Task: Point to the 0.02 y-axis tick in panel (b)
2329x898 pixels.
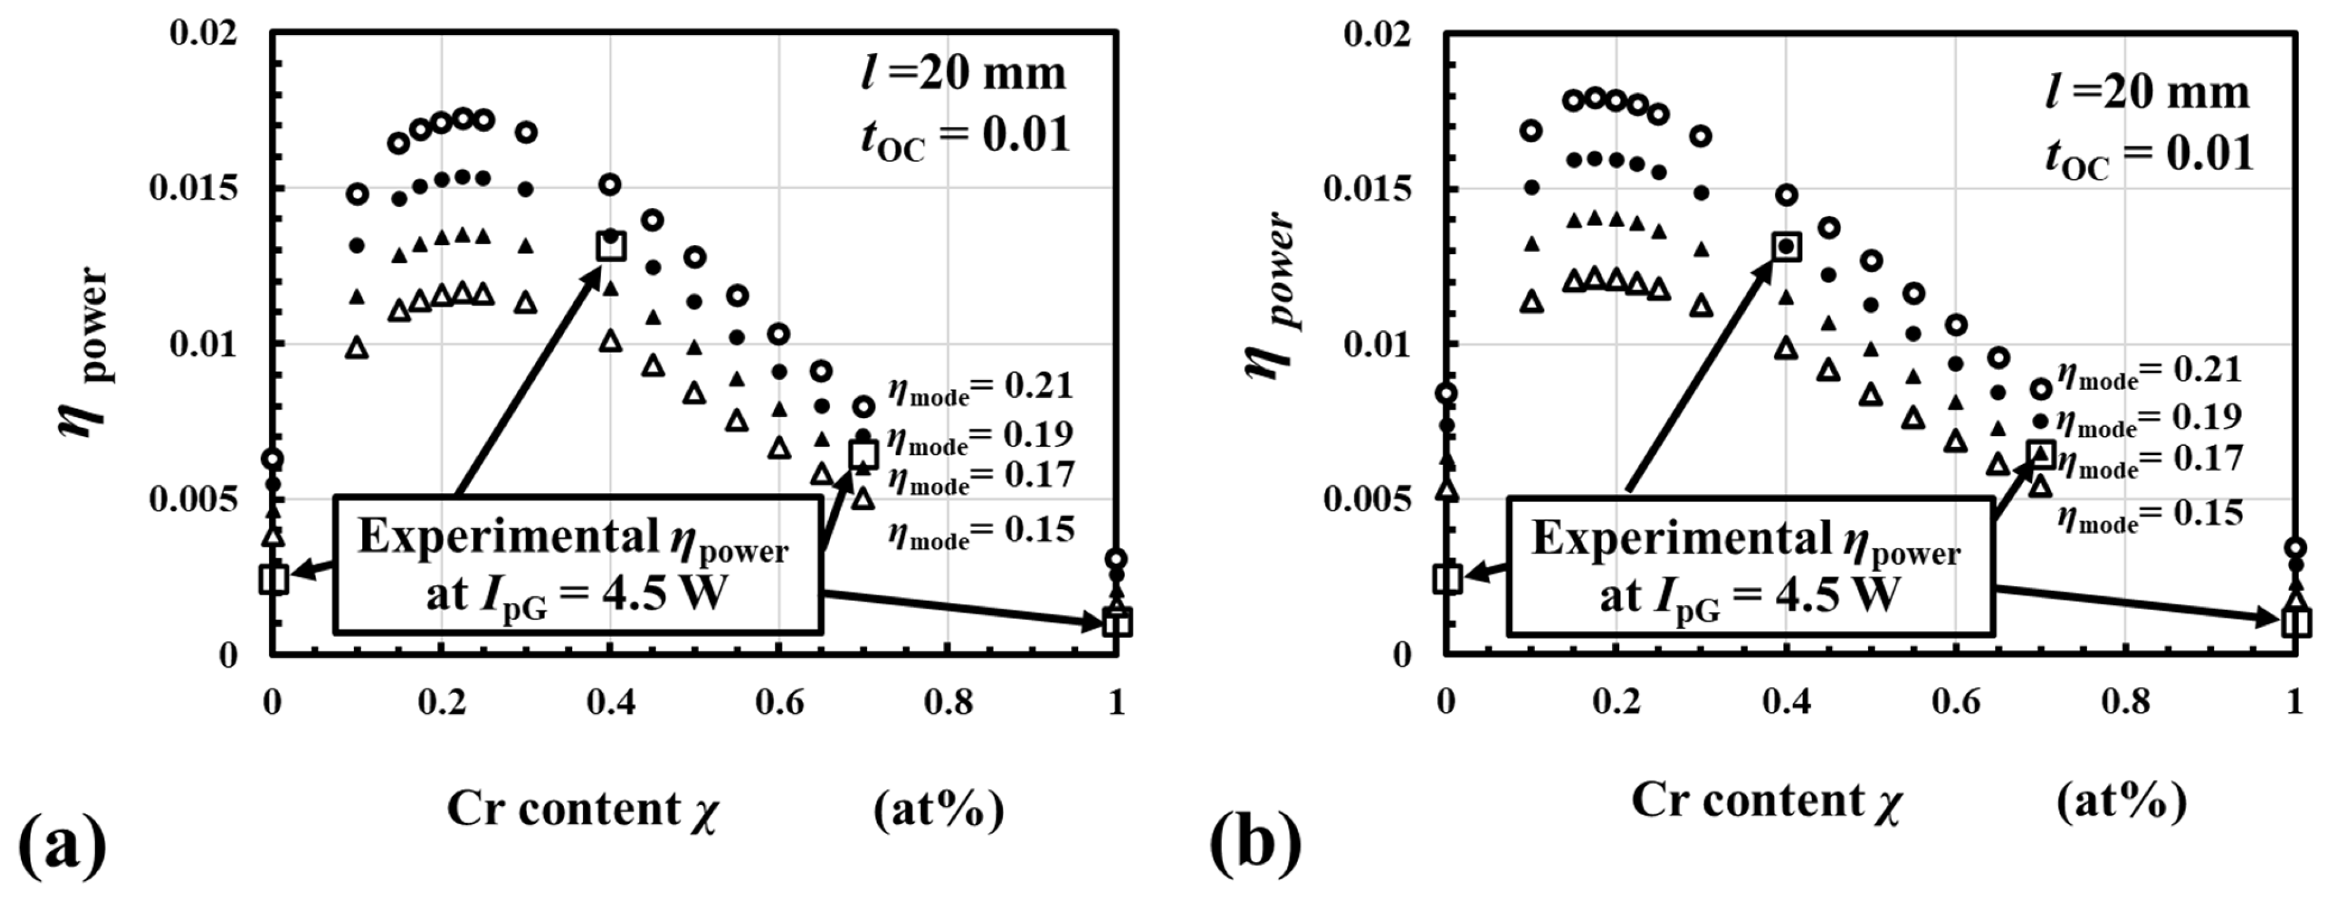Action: (1377, 35)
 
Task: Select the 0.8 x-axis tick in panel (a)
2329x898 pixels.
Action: (949, 702)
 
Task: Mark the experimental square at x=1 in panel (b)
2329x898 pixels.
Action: (2296, 621)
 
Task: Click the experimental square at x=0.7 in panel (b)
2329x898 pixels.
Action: (2040, 454)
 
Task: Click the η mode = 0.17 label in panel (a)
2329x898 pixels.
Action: (980, 476)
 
